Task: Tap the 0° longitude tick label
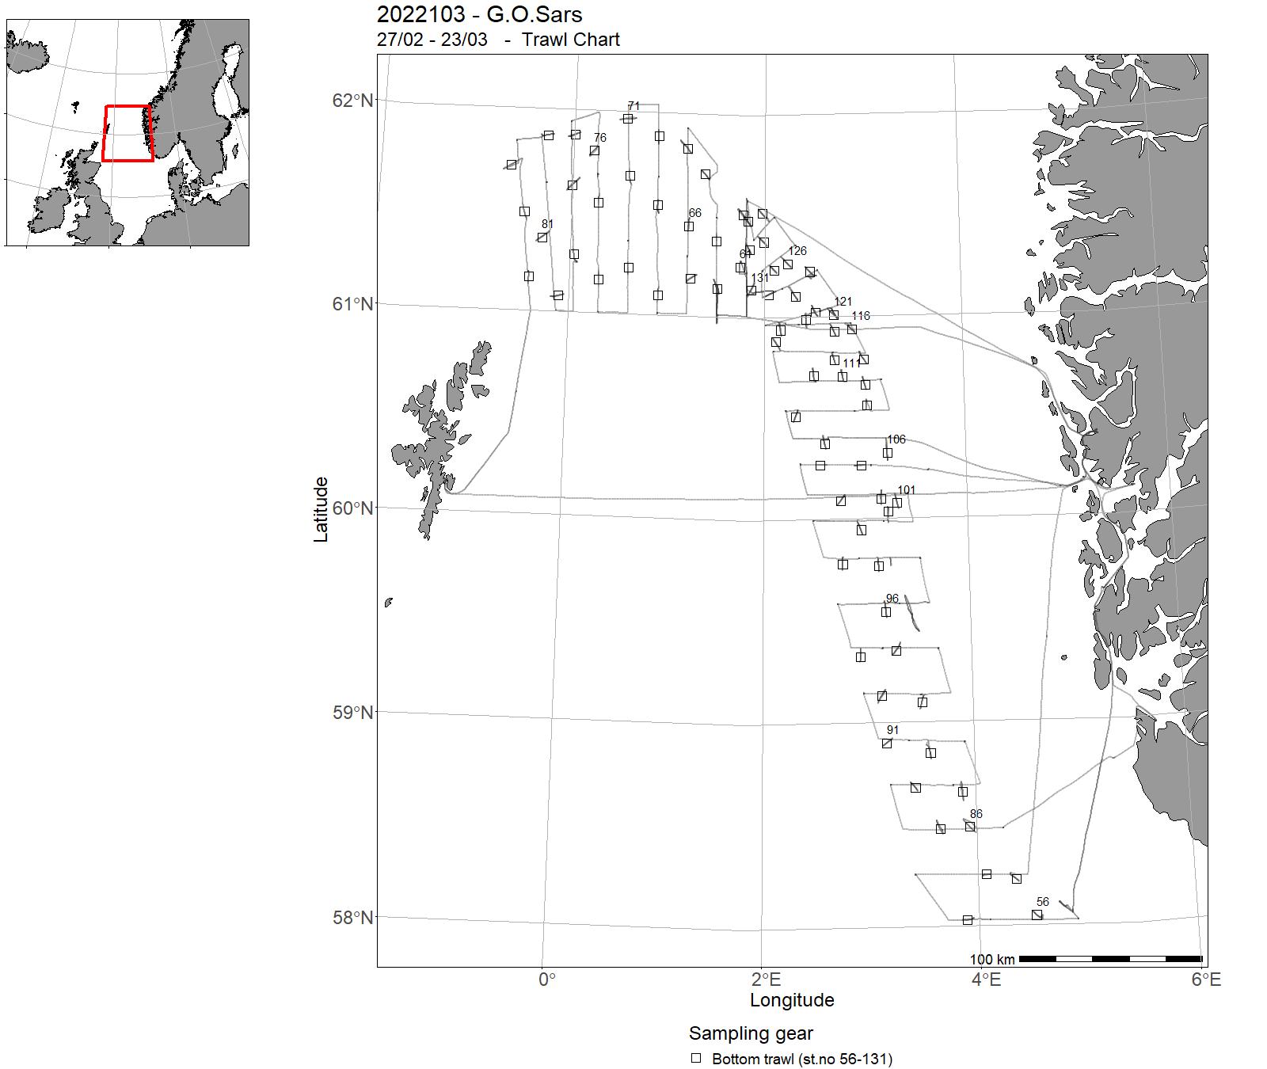tap(546, 980)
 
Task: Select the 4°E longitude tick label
tap(986, 980)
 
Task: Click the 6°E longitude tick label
tap(1206, 980)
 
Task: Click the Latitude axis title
tap(321, 509)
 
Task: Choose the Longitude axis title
tap(792, 1000)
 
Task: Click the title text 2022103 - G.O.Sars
tap(479, 14)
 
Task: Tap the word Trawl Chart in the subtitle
tap(570, 40)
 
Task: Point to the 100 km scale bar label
tap(991, 960)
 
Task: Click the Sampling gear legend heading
tap(751, 1033)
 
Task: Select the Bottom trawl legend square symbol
tap(696, 1058)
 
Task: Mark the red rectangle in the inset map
tap(127, 133)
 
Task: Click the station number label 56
tap(1042, 902)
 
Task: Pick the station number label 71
tap(633, 106)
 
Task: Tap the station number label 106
tap(896, 439)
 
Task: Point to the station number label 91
tap(892, 730)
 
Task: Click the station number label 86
tap(976, 814)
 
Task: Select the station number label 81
tap(547, 224)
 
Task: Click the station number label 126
tap(797, 251)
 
